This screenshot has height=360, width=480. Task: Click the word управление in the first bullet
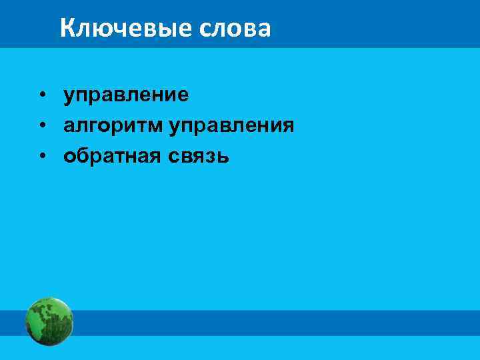126,96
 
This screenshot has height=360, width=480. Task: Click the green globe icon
49,321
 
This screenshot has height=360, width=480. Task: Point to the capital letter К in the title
67,28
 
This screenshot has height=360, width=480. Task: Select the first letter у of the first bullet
69,96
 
